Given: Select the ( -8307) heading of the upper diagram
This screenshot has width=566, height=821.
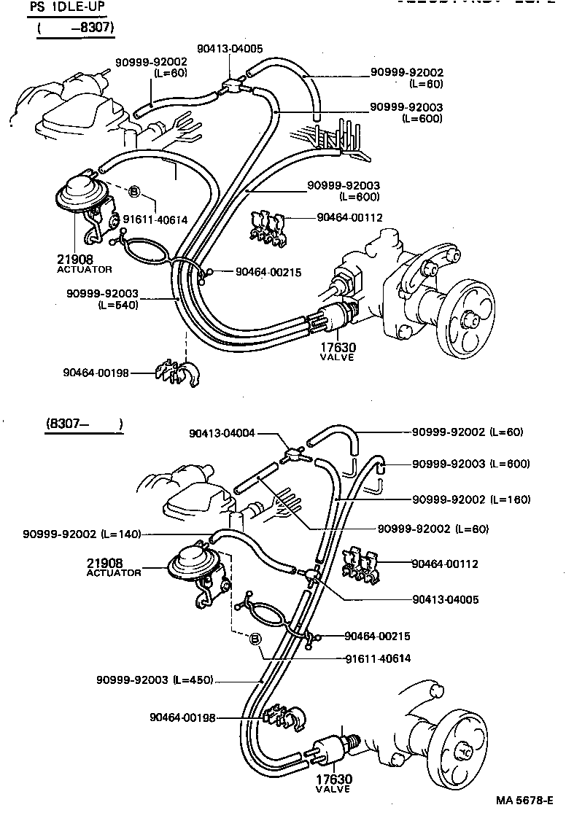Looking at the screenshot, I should coord(77,28).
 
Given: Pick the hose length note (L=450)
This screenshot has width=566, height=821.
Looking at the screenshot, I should coord(193,680).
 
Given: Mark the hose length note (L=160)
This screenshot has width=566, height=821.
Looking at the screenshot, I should coord(510,499).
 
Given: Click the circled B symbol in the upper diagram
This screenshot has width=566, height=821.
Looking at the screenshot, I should coord(134,192).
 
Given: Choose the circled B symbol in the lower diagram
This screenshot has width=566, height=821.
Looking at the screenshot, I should coord(255,639).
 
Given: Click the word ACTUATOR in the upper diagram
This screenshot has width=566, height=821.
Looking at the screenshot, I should coord(85,269).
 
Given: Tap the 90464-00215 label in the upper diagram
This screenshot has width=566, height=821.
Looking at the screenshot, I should coord(268,272).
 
